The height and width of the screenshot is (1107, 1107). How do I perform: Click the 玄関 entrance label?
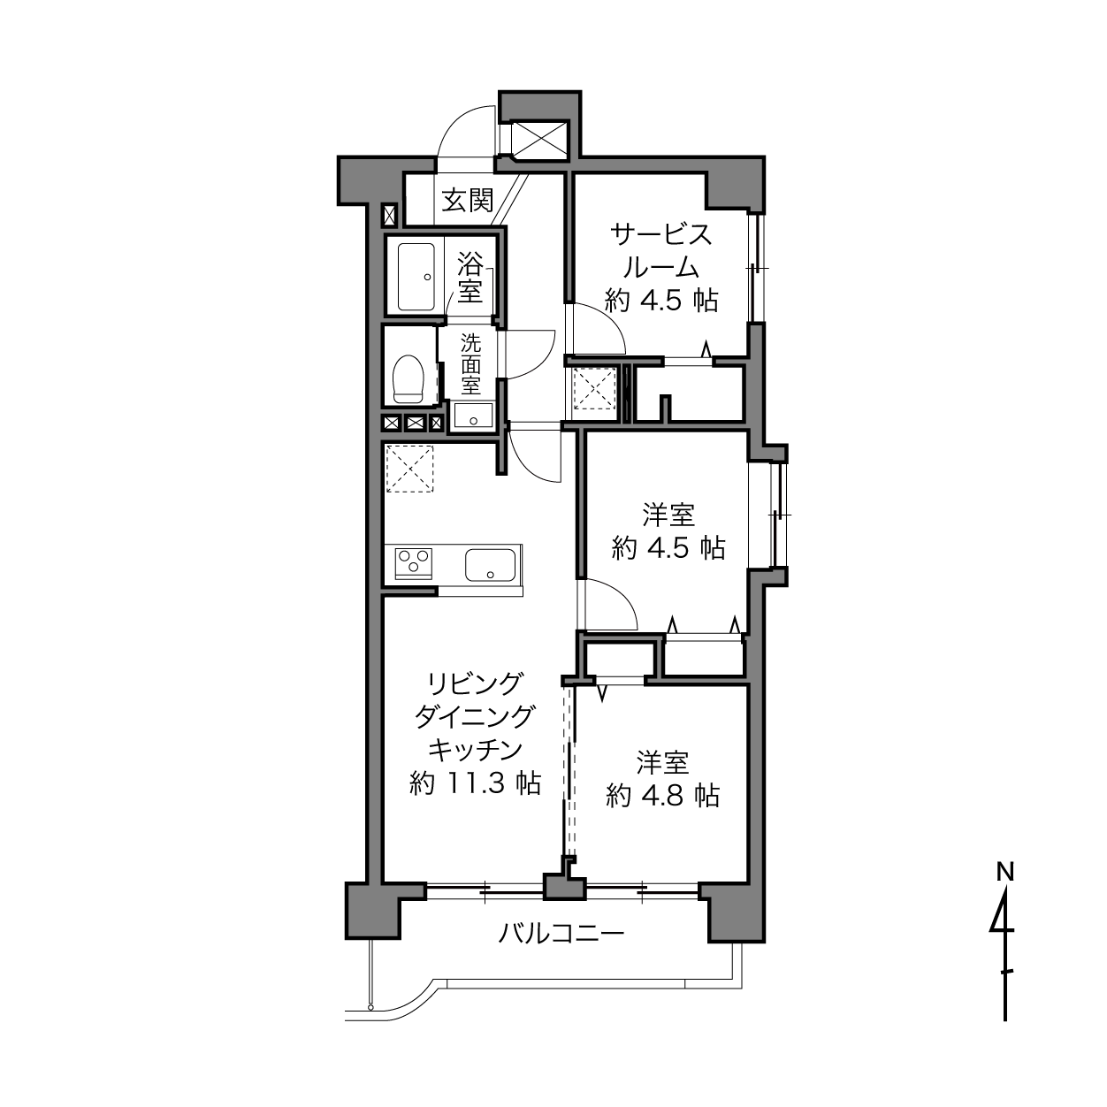point(468,201)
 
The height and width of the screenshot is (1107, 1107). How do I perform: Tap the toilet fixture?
point(408,379)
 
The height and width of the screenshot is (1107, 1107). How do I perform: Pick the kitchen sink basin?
point(490,565)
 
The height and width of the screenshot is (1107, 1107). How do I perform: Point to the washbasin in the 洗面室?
point(473,416)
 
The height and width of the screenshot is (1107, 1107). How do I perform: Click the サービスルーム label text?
point(661,251)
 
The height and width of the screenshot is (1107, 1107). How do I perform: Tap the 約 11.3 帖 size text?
point(475,783)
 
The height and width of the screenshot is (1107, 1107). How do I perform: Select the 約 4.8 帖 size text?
point(662,796)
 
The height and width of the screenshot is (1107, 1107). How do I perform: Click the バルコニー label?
point(561,934)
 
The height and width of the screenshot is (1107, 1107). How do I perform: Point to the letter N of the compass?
point(1004,873)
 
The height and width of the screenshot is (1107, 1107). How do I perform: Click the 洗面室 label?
point(470,365)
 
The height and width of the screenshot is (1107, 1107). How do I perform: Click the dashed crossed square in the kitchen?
point(409,469)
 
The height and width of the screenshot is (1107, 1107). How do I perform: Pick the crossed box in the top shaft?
point(539,139)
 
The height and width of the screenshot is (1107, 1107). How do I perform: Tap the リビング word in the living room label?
point(475,683)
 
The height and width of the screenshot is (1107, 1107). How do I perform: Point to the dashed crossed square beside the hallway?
point(595,388)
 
